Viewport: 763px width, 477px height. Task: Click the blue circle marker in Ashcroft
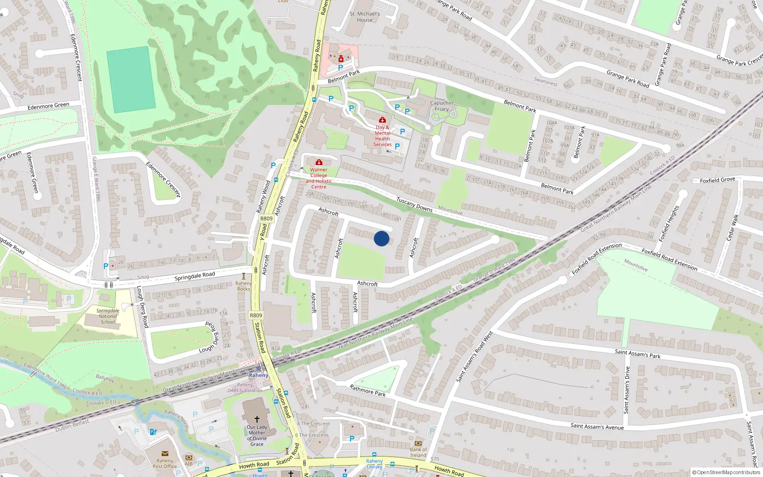[381, 238]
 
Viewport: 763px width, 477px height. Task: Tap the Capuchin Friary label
[442, 106]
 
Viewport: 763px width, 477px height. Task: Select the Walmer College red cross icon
[319, 163]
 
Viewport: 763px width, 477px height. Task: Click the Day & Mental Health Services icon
[382, 120]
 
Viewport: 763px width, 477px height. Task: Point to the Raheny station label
[258, 375]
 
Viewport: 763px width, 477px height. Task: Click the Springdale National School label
[108, 316]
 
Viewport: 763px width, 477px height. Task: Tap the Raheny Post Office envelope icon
[165, 454]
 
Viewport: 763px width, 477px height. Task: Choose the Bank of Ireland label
[418, 452]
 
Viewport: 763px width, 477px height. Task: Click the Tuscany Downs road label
[414, 205]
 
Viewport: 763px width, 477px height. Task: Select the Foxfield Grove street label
[717, 180]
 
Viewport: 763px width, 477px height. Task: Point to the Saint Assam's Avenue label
[597, 426]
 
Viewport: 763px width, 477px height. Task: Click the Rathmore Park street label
[368, 391]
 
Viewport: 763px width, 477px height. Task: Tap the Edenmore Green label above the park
[48, 106]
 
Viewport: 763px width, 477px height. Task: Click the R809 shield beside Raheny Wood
[267, 218]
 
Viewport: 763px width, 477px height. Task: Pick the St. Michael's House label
[365, 17]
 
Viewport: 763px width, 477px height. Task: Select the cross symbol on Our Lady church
[257, 419]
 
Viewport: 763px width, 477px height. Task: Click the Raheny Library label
[374, 464]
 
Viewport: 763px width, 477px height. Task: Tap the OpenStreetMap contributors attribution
[726, 473]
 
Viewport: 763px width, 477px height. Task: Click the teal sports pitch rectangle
[131, 80]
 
